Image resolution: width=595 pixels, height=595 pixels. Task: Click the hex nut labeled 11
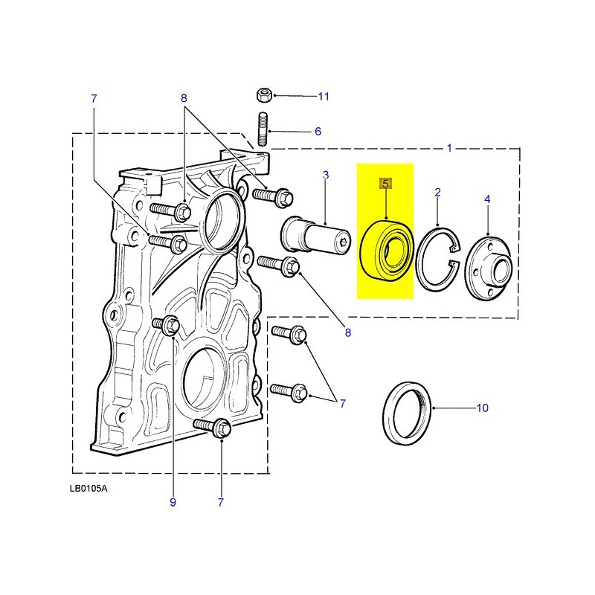point(262,95)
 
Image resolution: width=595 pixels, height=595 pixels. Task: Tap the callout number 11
point(323,97)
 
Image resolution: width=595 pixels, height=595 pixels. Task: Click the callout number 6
point(318,132)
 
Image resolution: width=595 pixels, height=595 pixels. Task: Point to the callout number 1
point(449,149)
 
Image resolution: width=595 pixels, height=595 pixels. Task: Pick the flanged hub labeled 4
point(487,264)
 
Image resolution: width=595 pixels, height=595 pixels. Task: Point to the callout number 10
point(482,408)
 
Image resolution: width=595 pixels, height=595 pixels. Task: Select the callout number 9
point(173,503)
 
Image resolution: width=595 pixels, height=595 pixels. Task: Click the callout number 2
point(438,193)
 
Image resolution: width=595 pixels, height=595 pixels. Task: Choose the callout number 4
point(487,199)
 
